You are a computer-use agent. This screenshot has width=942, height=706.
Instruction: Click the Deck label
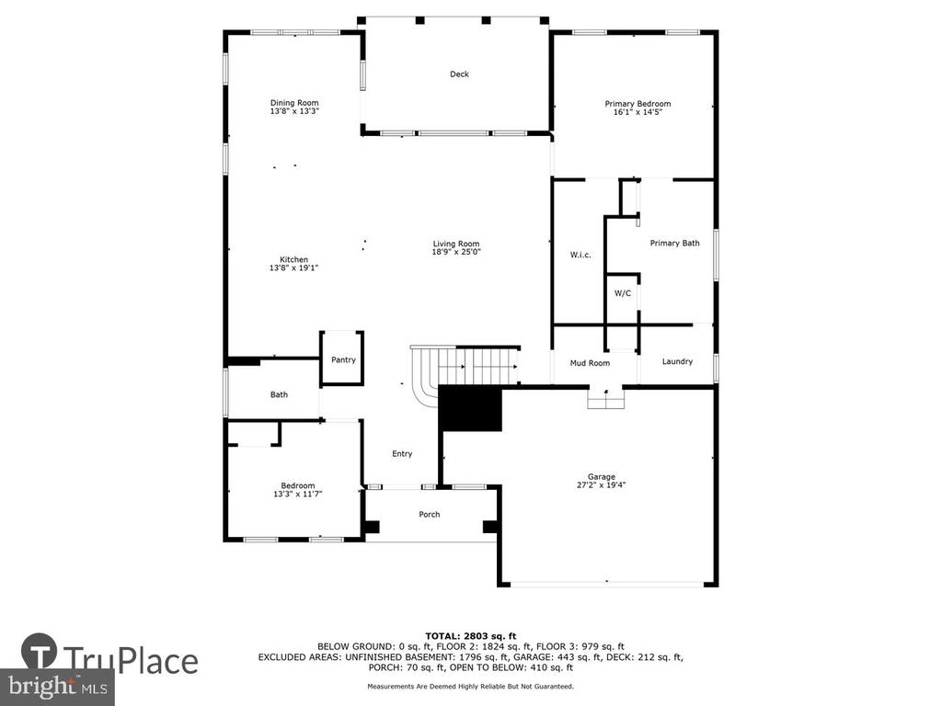pos(460,74)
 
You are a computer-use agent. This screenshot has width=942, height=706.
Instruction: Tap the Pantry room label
pos(344,359)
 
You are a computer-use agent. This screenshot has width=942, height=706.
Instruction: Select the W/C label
pos(623,293)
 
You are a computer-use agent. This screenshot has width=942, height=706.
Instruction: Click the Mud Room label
pos(590,363)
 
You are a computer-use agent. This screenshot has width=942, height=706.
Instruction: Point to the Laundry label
pos(677,361)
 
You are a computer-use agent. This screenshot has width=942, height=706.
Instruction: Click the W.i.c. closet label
pos(580,256)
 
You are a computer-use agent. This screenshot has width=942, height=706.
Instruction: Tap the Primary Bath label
pos(674,243)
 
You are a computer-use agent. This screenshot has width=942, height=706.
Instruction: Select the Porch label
pos(429,515)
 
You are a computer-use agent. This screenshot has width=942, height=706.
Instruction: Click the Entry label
pos(402,454)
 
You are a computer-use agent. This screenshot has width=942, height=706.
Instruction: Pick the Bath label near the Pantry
pos(279,394)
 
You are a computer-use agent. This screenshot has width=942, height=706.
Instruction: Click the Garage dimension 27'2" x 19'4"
pos(602,485)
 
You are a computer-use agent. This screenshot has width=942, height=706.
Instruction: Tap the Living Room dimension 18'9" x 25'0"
pos(456,252)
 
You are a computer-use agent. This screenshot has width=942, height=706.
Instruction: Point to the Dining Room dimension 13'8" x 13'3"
pos(294,111)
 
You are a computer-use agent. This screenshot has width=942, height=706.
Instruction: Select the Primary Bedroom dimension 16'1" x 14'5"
pos(638,111)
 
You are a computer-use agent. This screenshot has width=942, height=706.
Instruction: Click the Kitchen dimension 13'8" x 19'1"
pos(293,268)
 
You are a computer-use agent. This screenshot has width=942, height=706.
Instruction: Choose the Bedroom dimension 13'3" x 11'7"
pos(298,494)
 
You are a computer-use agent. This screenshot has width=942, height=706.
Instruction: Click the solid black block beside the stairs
pos(470,408)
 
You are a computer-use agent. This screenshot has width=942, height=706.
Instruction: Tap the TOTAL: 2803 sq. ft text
pos(470,636)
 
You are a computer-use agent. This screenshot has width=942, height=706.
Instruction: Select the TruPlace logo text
pos(131,660)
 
